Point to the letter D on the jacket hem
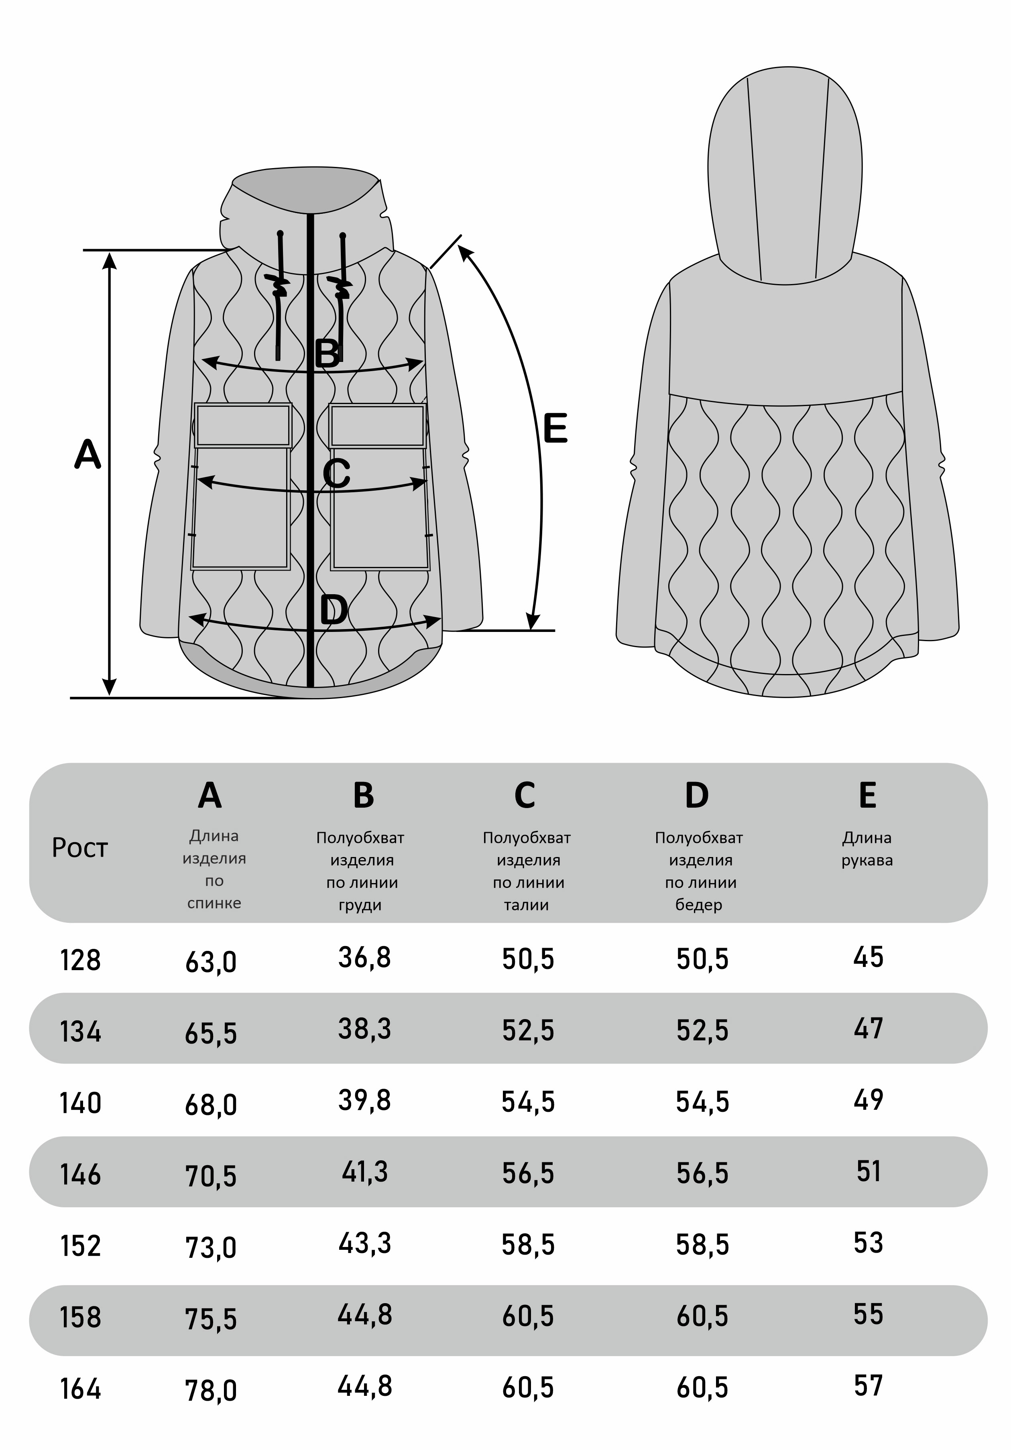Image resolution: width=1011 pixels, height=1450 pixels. (x=334, y=610)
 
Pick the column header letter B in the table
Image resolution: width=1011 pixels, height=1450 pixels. (x=363, y=795)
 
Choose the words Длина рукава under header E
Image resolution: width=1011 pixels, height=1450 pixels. (x=867, y=849)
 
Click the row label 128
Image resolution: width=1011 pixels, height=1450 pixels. (x=80, y=960)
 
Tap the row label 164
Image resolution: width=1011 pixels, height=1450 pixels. (x=80, y=1389)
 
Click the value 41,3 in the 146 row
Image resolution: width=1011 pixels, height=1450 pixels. (x=364, y=1172)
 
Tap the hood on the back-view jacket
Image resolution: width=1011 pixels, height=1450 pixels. (x=785, y=177)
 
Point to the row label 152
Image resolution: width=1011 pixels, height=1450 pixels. (x=80, y=1246)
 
